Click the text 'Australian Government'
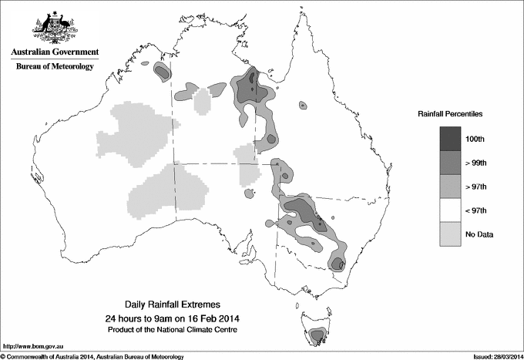click(54, 52)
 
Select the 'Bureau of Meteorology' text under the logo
click(54, 67)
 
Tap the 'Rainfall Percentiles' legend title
click(450, 114)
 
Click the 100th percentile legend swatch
click(449, 139)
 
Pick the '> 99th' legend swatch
click(449, 163)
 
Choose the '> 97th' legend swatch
click(449, 187)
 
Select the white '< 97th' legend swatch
click(449, 210)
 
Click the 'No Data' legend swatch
click(449, 234)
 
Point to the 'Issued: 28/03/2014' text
click(493, 355)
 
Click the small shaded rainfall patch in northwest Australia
click(163, 72)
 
